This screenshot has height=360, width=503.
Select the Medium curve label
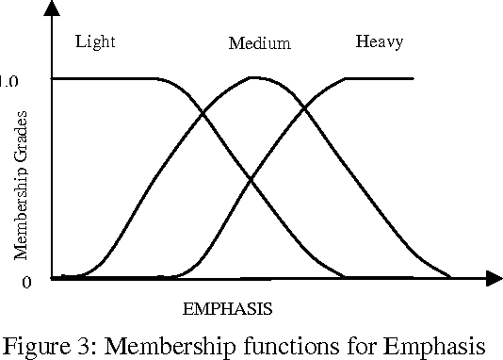point(259,43)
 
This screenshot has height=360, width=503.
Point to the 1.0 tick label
point(10,81)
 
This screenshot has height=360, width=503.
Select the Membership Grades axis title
point(21,185)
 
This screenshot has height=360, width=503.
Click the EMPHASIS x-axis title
point(227,307)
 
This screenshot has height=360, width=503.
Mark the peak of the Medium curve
point(255,77)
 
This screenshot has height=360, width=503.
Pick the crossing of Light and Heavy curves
point(250,179)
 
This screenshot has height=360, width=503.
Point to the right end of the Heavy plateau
point(414,78)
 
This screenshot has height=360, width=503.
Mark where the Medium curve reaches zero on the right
point(450,277)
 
